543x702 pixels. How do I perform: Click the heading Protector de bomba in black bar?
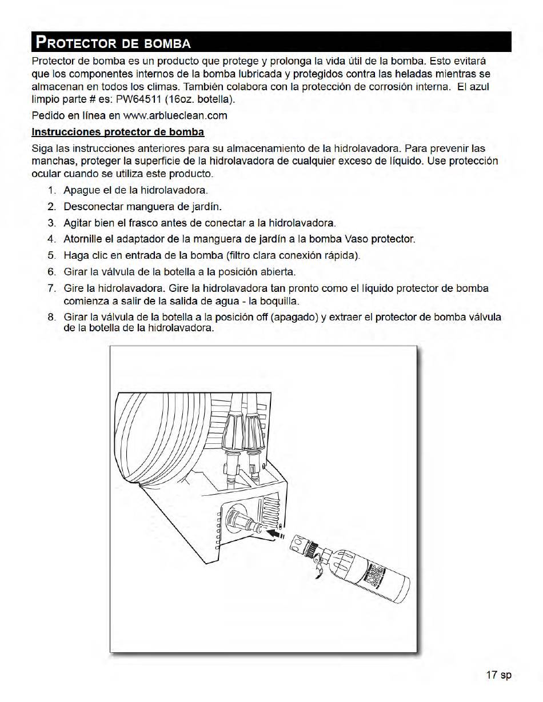113,43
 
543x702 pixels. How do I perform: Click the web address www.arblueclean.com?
175,115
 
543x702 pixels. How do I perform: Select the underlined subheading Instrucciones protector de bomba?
118,132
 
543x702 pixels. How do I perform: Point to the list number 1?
52,190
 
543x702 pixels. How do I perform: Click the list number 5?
52,255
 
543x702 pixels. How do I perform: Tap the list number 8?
52,317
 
